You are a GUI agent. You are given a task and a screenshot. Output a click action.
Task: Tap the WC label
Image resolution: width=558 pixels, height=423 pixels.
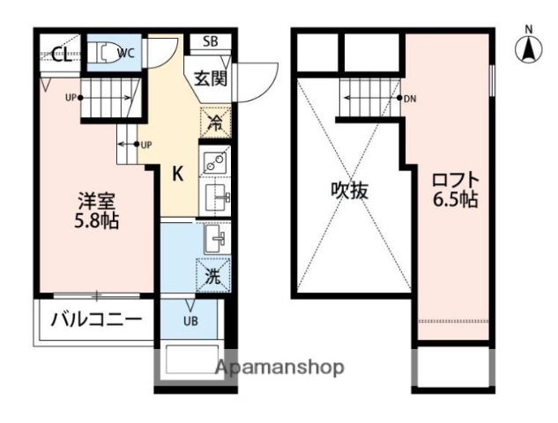click(126, 53)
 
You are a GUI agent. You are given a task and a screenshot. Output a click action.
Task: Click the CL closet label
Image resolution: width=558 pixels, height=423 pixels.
click(61, 56)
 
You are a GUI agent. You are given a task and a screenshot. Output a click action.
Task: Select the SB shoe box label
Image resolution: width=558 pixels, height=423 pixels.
click(211, 41)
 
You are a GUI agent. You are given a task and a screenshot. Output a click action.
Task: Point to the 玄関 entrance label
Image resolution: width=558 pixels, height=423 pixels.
click(209, 78)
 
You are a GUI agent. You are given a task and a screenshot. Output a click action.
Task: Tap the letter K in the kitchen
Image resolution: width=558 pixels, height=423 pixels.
click(177, 174)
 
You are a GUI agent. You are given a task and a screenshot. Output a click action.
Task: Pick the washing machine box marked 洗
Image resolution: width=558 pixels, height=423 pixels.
click(214, 275)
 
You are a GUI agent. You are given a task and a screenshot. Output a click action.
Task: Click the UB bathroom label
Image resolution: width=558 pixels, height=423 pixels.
click(190, 320)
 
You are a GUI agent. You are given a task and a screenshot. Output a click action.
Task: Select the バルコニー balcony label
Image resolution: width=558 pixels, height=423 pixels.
click(95, 320)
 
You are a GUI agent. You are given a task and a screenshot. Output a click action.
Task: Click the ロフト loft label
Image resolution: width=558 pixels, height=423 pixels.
click(454, 180)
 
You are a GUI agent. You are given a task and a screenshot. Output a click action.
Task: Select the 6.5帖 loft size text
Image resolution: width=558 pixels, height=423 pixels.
click(455, 201)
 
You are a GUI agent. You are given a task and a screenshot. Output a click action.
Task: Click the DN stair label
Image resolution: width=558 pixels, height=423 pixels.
click(409, 98)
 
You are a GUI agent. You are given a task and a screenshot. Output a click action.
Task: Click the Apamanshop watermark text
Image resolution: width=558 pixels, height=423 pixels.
click(279, 367)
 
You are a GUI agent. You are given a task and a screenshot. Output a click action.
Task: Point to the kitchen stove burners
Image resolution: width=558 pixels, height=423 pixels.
click(214, 161)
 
